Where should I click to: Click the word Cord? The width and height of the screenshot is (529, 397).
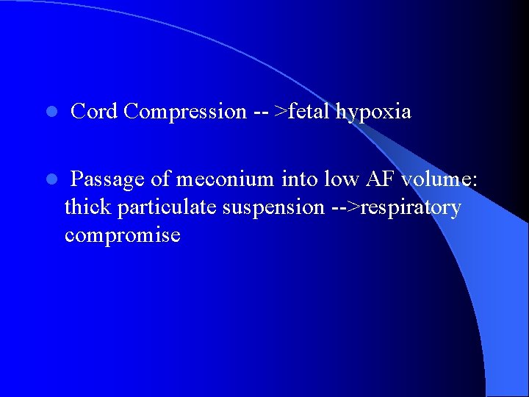(x=95, y=112)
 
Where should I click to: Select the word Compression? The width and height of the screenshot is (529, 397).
(x=185, y=112)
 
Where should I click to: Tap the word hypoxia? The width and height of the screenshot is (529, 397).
(x=374, y=112)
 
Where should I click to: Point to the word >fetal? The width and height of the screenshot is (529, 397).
(x=303, y=112)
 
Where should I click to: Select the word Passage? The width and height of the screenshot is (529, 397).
(x=109, y=179)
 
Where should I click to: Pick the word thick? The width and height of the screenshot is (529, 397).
(x=88, y=207)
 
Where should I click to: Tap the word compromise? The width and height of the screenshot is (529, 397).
(x=122, y=235)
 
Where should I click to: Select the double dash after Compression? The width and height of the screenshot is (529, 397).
(x=261, y=112)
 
